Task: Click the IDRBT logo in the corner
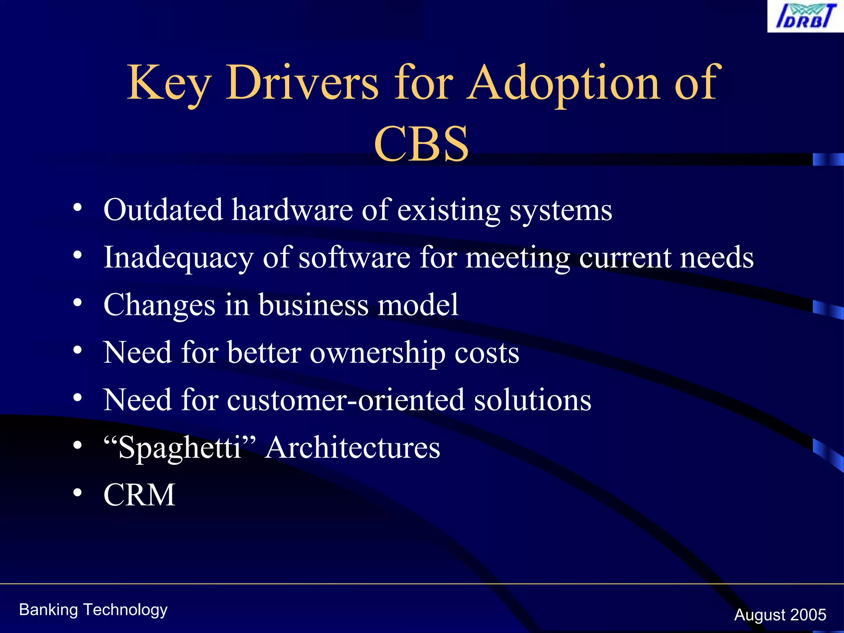[805, 16]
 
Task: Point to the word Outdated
[163, 210]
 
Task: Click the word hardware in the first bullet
[292, 210]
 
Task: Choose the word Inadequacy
[178, 258]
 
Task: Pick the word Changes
[159, 305]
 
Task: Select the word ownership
[377, 354]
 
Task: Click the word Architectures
[353, 448]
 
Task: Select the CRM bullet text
[139, 495]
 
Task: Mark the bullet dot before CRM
[77, 493]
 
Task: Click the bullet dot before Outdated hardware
[77, 208]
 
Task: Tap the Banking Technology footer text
[93, 610]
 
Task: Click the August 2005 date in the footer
[780, 615]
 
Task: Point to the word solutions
[532, 401]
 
